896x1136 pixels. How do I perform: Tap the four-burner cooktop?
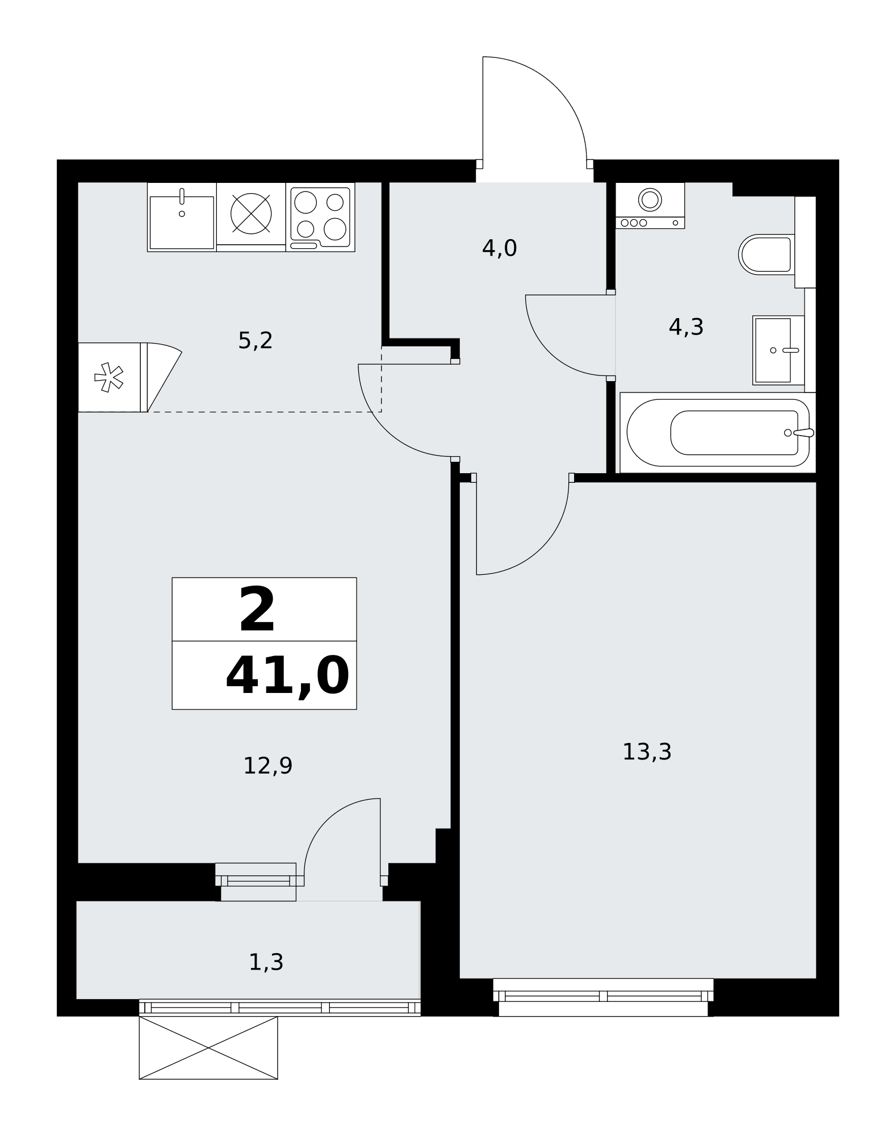click(x=320, y=217)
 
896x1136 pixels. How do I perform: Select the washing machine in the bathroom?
click(x=650, y=206)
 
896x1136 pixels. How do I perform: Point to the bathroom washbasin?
click(x=778, y=350)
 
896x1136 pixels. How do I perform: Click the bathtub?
click(x=718, y=432)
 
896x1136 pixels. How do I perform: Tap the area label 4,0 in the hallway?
click(x=499, y=248)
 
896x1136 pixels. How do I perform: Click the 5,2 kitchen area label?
click(x=256, y=341)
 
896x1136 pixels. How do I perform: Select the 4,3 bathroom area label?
click(x=686, y=327)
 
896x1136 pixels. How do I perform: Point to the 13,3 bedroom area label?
click(x=647, y=751)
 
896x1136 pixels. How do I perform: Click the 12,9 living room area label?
click(x=267, y=766)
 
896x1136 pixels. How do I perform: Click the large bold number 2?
click(x=257, y=609)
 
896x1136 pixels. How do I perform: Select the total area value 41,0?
click(x=287, y=676)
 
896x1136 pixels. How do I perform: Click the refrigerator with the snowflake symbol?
click(x=113, y=377)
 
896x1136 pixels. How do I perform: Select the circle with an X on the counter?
click(x=251, y=214)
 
